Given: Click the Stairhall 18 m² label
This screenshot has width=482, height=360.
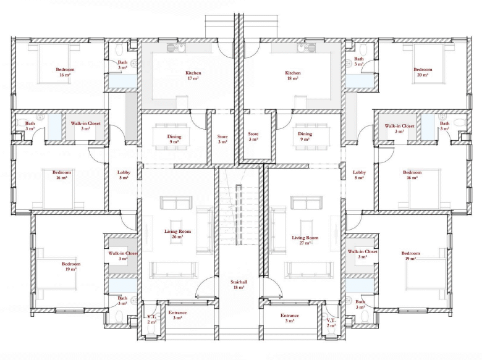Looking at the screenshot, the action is tap(239, 285).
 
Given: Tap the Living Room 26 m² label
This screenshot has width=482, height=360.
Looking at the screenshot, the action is tap(177, 234).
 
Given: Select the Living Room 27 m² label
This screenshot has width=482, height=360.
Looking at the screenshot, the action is tap(305, 240).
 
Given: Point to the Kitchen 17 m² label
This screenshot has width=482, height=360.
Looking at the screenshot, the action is tap(193, 75).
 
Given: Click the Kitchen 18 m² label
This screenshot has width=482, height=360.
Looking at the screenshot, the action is tap(293, 75).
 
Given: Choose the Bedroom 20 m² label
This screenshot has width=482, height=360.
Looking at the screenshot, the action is tap(423, 72).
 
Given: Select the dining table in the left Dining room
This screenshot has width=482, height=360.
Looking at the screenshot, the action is tap(171, 137).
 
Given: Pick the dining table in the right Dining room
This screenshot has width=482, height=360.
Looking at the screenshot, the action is tap(312, 137).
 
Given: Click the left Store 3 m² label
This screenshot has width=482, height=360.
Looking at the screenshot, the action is tap(222, 139).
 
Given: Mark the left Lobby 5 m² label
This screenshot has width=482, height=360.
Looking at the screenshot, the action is tap(124, 175).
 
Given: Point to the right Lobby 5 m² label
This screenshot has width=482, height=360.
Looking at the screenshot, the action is tap(360, 175).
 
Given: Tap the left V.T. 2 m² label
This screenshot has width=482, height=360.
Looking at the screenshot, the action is tap(151, 319).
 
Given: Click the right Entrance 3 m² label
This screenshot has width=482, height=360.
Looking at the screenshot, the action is tap(290, 318).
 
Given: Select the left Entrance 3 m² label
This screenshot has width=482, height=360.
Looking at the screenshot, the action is tap(177, 315).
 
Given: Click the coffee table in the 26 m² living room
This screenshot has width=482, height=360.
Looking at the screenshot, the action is tap(177, 229).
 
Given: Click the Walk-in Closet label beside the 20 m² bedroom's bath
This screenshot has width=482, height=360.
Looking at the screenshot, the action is tap(399, 128).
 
